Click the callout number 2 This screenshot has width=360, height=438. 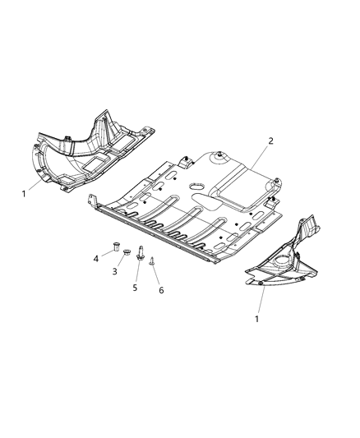point(270,141)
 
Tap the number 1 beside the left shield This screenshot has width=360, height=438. point(24,194)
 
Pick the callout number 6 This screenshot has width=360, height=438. point(161,290)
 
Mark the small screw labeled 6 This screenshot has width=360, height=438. point(153,261)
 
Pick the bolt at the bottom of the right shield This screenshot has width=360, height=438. point(261,284)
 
